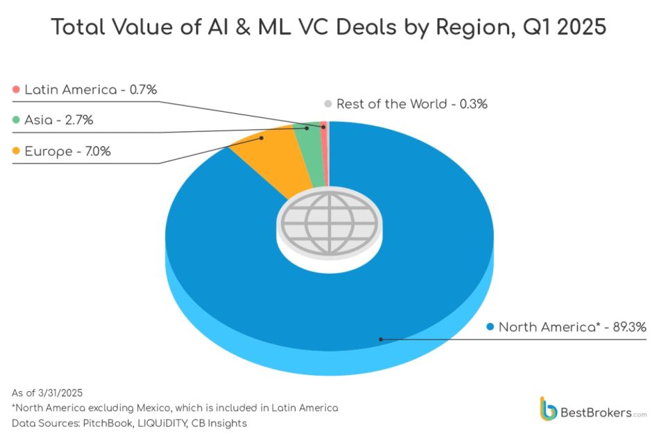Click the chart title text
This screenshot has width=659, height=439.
point(329,28)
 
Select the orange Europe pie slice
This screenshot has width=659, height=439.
point(271,156)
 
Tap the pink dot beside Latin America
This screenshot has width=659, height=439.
point(16,89)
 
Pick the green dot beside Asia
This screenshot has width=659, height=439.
point(16,120)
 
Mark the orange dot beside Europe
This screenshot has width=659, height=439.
point(16,150)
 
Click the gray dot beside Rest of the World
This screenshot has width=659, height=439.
point(327,104)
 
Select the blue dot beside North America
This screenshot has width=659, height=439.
point(490,327)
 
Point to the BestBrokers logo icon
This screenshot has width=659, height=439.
point(548,408)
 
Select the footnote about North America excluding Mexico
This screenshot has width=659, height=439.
point(175,408)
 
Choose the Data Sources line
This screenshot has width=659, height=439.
point(129,423)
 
